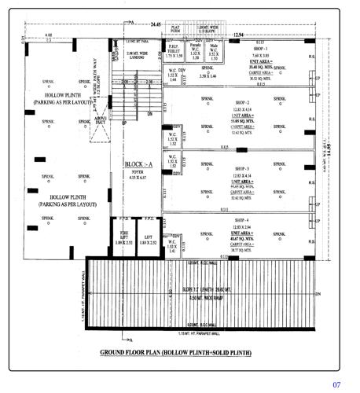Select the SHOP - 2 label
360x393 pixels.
pos(242,102)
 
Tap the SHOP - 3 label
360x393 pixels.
pos(242,168)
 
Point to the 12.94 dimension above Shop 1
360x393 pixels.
pos(237,35)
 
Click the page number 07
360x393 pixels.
pos(337,385)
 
